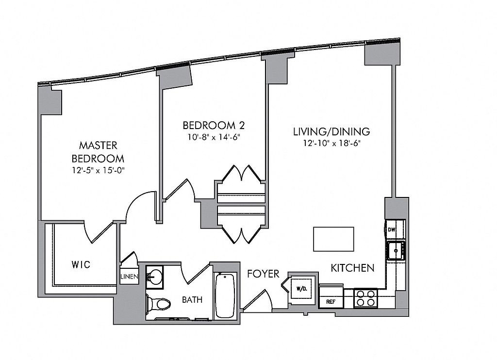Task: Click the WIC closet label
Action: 81,265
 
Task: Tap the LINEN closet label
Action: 130,277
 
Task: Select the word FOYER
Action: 263,274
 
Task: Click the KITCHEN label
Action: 352,268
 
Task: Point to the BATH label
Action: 192,299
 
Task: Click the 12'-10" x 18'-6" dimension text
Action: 331,143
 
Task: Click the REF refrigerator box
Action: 331,301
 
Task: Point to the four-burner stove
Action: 365,297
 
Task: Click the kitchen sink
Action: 396,251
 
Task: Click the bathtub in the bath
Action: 225,296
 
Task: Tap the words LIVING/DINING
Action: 331,131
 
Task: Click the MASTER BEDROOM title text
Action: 98,151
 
